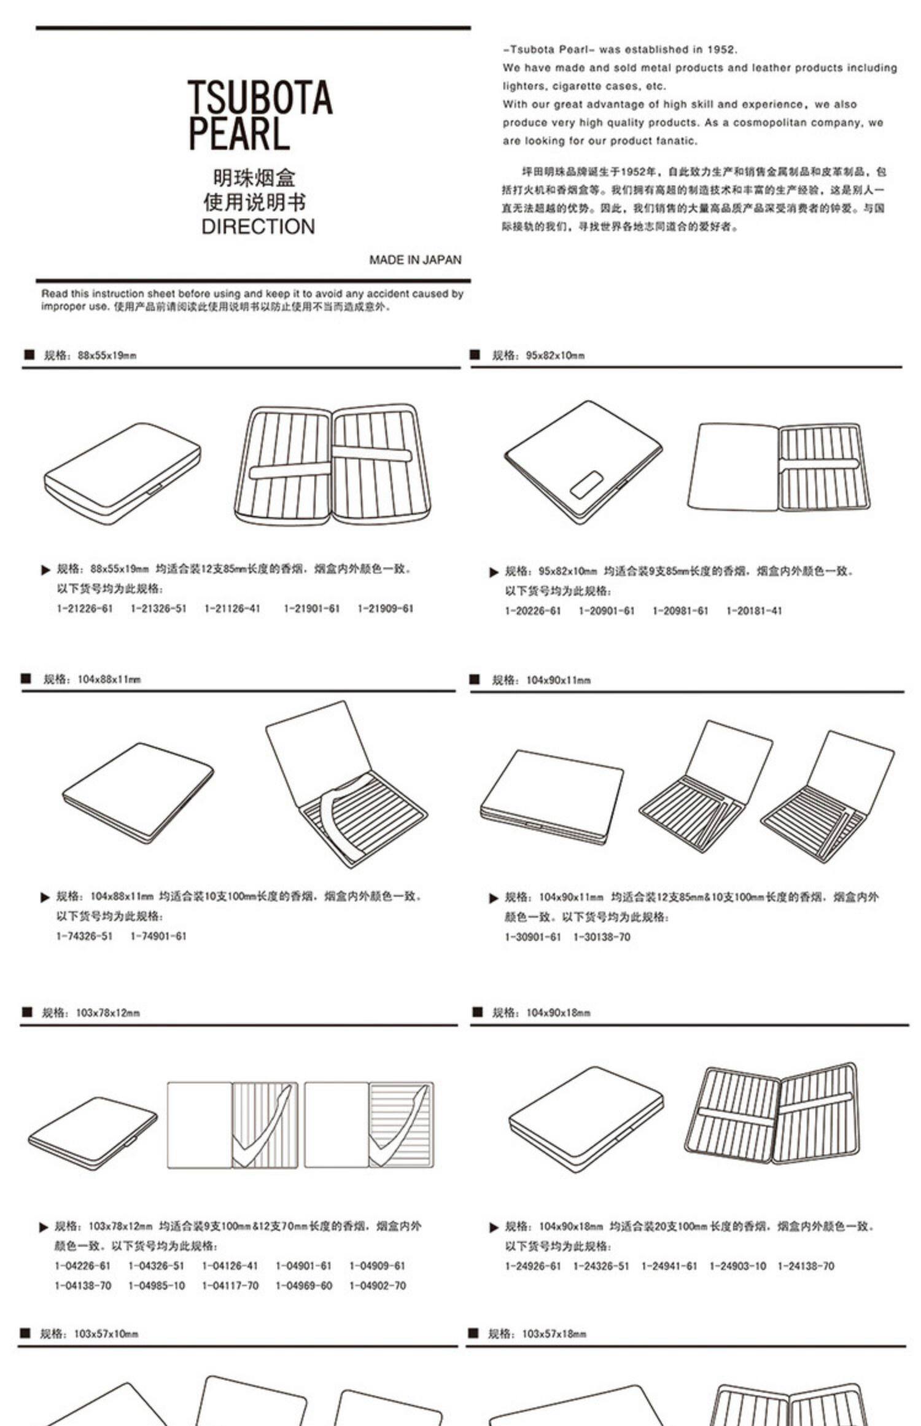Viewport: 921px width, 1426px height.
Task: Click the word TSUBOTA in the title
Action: pos(260,98)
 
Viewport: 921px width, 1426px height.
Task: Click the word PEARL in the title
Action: pos(238,134)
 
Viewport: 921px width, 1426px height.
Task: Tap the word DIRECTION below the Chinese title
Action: pos(258,227)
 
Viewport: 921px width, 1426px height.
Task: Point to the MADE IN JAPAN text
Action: pos(415,260)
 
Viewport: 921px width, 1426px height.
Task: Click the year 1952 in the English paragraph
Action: pos(721,50)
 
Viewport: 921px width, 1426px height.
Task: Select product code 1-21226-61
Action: pos(85,609)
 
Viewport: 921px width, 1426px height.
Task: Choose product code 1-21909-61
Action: pos(386,609)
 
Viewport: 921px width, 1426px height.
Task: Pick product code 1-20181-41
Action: pos(754,611)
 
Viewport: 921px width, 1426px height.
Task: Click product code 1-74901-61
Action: pos(158,936)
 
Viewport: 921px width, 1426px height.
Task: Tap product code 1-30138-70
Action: pos(602,937)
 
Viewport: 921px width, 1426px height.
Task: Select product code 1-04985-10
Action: pos(157,1285)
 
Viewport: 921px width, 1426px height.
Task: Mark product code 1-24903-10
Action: pos(737,1266)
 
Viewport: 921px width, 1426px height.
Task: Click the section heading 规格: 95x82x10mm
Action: pos(538,355)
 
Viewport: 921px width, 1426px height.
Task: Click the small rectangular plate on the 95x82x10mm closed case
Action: pos(586,485)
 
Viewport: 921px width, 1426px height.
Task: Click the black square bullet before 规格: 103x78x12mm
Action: pos(26,1013)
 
